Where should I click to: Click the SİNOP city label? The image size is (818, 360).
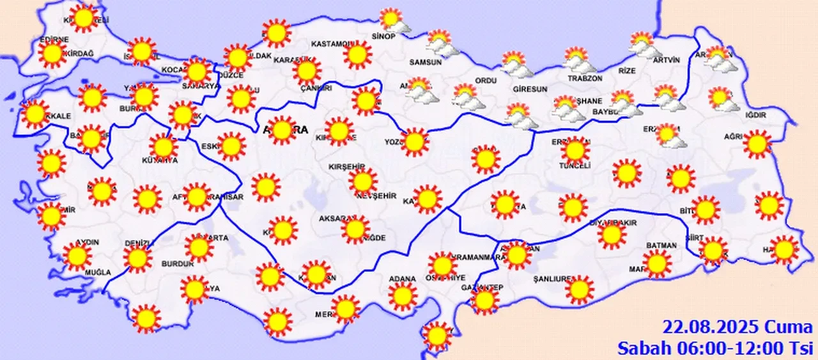pos(385,36)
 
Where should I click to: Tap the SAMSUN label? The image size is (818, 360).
pos(426,62)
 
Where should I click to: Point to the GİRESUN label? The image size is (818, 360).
pos(530,90)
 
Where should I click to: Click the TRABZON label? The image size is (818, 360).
pos(585,78)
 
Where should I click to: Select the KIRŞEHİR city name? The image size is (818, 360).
pos(345,166)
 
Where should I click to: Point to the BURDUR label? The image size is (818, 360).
pos(178,263)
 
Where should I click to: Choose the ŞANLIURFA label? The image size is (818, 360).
pos(553,279)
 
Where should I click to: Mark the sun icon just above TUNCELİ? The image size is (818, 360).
pos(575,150)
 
